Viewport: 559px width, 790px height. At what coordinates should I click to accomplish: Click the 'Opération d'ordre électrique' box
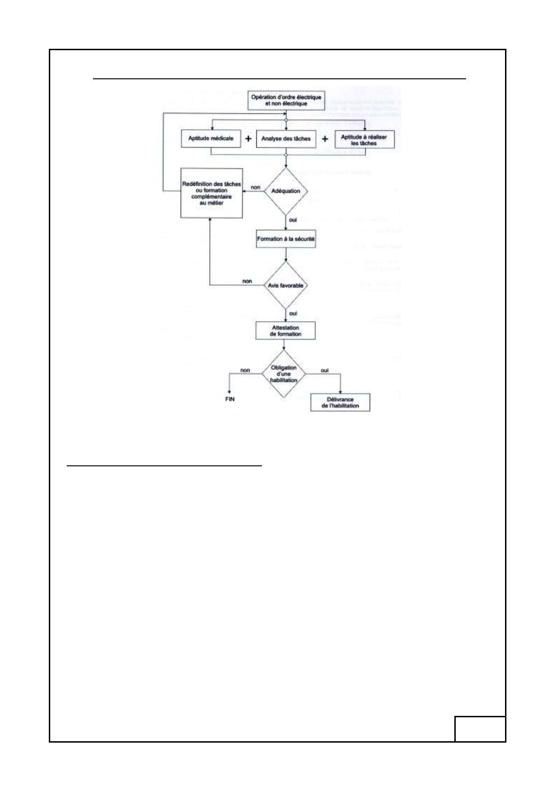(x=286, y=100)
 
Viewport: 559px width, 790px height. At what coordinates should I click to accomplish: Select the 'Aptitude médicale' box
(x=211, y=138)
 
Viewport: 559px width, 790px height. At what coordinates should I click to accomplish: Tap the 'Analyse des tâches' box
(x=286, y=139)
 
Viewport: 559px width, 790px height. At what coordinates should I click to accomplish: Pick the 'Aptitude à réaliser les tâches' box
(x=364, y=140)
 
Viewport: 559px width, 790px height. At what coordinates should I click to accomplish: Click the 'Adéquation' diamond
(x=285, y=191)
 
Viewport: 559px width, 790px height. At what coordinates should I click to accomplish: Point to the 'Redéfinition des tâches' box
(x=211, y=193)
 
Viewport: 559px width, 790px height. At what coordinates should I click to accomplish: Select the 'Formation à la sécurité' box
(x=286, y=239)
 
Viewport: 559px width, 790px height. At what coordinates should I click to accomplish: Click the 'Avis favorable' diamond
(x=285, y=285)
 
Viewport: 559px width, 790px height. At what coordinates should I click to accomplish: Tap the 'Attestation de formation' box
(x=285, y=331)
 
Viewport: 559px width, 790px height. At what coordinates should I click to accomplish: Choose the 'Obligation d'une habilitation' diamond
(x=284, y=374)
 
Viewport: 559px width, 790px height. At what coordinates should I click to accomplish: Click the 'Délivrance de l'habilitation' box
(x=340, y=403)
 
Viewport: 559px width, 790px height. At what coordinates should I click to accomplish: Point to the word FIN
(x=230, y=399)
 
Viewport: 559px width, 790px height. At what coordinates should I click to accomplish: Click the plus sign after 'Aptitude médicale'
(x=248, y=138)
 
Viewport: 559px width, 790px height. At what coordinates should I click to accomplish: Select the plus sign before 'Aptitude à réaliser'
(x=325, y=139)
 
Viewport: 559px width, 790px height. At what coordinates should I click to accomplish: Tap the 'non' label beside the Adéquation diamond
(x=255, y=187)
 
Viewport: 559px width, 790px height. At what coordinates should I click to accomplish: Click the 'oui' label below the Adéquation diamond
(x=293, y=220)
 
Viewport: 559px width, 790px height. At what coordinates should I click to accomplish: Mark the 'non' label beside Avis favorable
(x=247, y=281)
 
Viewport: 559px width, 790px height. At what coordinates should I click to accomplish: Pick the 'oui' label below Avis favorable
(x=293, y=313)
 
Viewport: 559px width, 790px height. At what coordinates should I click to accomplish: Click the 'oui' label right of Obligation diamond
(x=325, y=370)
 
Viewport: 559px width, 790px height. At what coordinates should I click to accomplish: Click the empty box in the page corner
(x=480, y=729)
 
